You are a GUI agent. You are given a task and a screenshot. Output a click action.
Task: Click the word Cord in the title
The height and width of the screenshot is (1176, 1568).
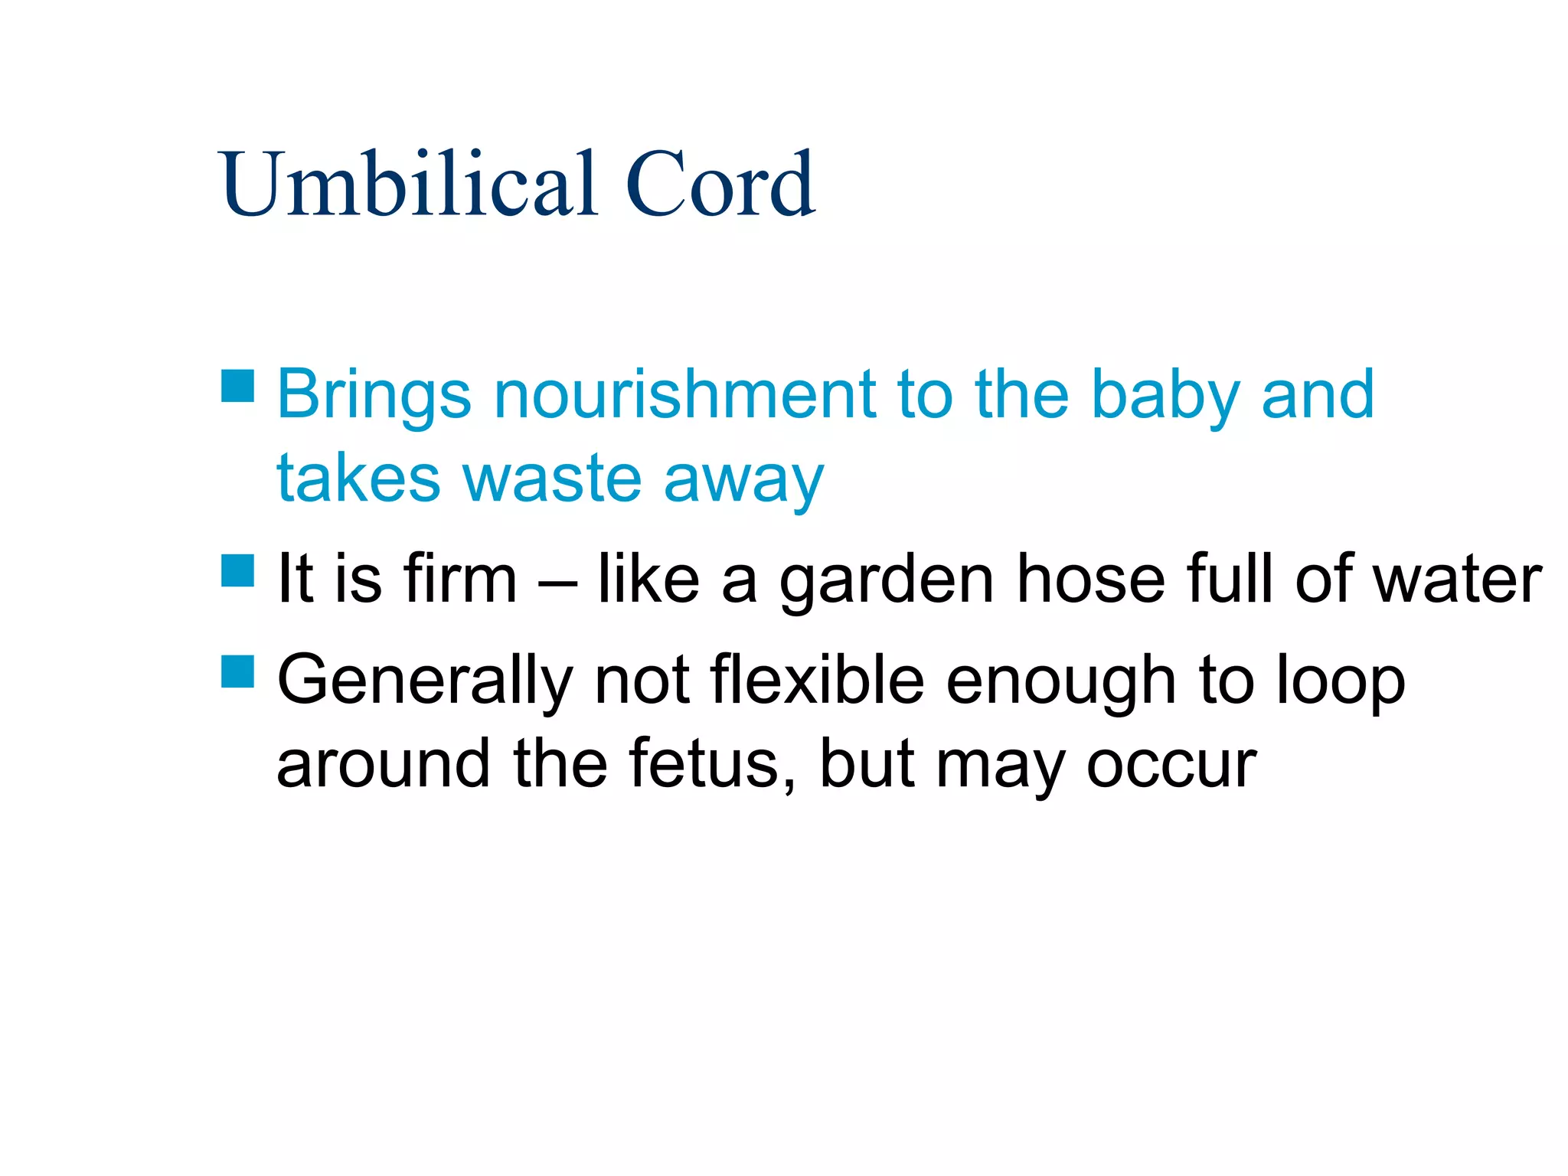[720, 184]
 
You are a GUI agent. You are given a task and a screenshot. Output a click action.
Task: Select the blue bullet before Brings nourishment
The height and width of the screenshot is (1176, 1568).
[237, 386]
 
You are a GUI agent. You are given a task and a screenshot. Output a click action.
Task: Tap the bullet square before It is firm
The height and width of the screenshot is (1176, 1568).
[237, 570]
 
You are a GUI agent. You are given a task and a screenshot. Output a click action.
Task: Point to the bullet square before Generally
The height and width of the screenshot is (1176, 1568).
[237, 671]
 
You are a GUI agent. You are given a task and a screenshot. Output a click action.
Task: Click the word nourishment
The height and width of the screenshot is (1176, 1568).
[684, 395]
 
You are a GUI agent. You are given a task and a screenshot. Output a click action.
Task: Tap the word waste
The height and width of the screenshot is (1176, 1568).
[551, 479]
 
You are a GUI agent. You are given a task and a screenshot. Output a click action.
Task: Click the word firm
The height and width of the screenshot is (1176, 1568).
[460, 579]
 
